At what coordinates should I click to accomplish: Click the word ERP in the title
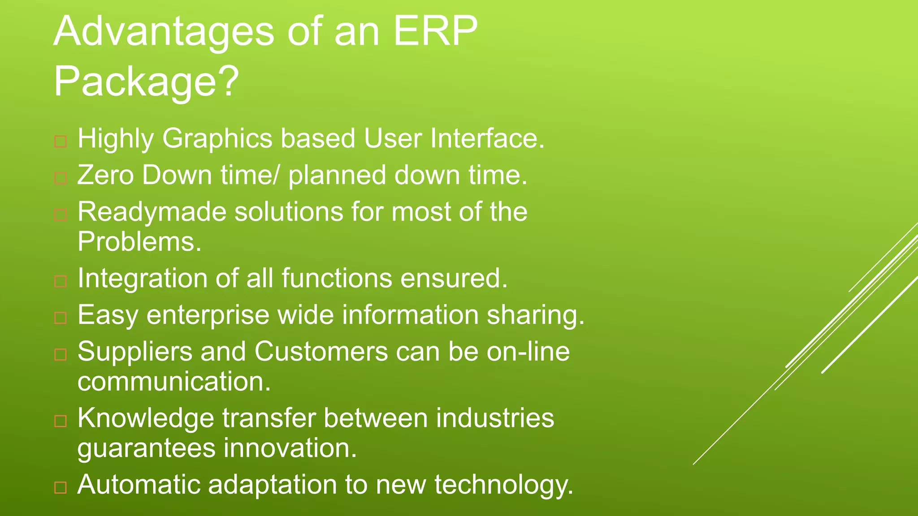pyautogui.click(x=435, y=31)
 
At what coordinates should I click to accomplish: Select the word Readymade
pyautogui.click(x=152, y=212)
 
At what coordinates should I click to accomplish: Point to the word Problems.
pyautogui.click(x=139, y=242)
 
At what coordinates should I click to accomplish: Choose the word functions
pyautogui.click(x=337, y=278)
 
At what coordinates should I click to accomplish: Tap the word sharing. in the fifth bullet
pyautogui.click(x=536, y=315)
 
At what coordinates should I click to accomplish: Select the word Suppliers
pyautogui.click(x=135, y=352)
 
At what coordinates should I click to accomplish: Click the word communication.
pyautogui.click(x=174, y=382)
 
